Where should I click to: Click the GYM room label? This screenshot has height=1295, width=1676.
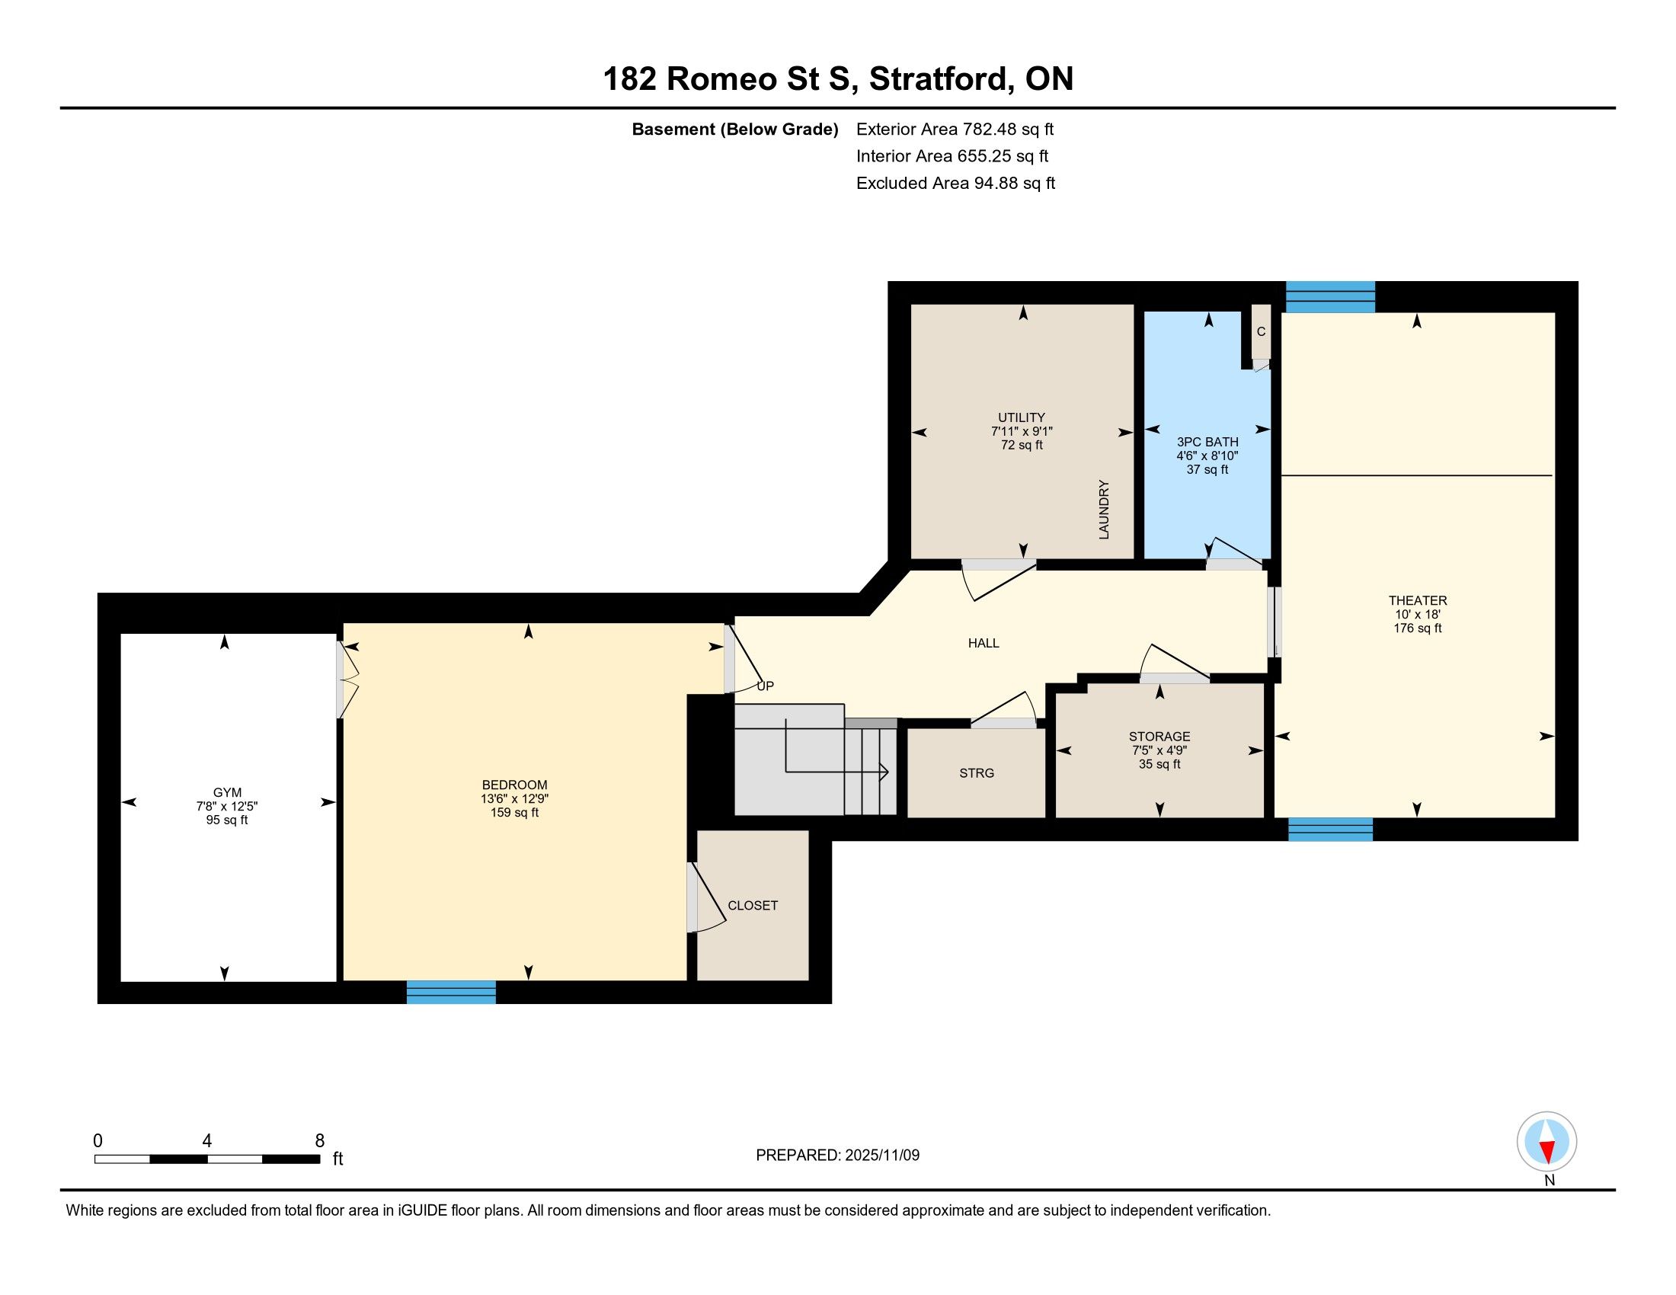pyautogui.click(x=227, y=792)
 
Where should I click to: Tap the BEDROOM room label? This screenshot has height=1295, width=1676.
pyautogui.click(x=514, y=785)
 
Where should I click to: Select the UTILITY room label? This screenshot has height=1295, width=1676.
pyautogui.click(x=1022, y=418)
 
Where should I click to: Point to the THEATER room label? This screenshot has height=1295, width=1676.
pyautogui.click(x=1418, y=601)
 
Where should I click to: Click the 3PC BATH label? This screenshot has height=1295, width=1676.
pyautogui.click(x=1207, y=442)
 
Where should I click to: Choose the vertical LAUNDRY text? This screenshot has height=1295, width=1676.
pyautogui.click(x=1104, y=510)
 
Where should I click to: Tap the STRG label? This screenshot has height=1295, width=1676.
pyautogui.click(x=976, y=773)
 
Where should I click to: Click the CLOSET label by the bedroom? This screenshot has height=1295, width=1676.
pyautogui.click(x=753, y=905)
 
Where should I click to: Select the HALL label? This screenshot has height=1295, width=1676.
pyautogui.click(x=983, y=643)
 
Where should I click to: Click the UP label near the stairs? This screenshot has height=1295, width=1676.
pyautogui.click(x=765, y=686)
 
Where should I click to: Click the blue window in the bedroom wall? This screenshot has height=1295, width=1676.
pyautogui.click(x=451, y=992)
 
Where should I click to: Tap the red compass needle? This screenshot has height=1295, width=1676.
pyautogui.click(x=1547, y=1152)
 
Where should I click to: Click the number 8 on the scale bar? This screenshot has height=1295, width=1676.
pyautogui.click(x=320, y=1140)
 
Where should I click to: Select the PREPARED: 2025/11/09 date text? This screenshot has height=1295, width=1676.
pyautogui.click(x=837, y=1155)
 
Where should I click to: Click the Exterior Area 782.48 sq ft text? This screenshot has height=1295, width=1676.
pyautogui.click(x=955, y=129)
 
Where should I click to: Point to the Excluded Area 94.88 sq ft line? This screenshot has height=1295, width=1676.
pyautogui.click(x=955, y=183)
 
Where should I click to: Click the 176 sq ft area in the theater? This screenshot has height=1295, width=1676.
pyautogui.click(x=1418, y=628)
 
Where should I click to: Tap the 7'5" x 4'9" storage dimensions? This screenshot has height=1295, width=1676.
pyautogui.click(x=1159, y=750)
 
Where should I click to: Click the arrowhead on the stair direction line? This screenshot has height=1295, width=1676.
pyautogui.click(x=884, y=771)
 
